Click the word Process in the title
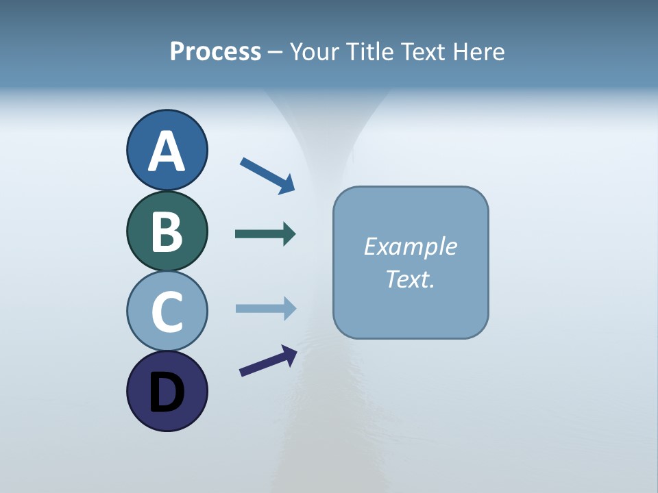click(x=215, y=52)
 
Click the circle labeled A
click(x=167, y=150)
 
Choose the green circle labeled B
click(x=167, y=231)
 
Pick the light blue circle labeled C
click(x=167, y=311)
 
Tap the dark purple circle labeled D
click(x=167, y=391)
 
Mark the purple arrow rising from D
click(x=268, y=361)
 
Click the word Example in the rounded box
click(x=411, y=246)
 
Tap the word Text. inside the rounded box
click(x=411, y=279)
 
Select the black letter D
click(x=167, y=392)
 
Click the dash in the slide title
click(x=276, y=53)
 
